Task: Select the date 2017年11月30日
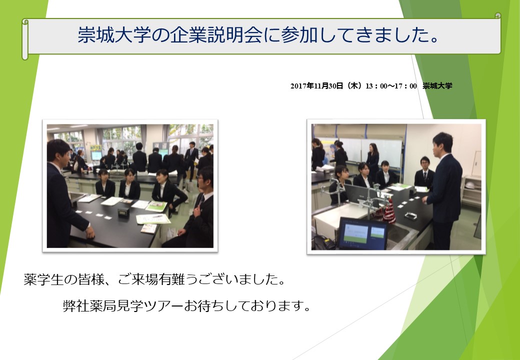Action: coord(316,86)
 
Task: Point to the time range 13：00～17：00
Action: coord(391,86)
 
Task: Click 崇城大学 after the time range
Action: coord(437,86)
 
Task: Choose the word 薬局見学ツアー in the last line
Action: coord(136,305)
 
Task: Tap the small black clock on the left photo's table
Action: coord(123,212)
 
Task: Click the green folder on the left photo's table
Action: coord(156,206)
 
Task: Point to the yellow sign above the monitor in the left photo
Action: coord(96,147)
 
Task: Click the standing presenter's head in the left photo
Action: coord(58,151)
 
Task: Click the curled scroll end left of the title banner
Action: coord(25,39)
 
